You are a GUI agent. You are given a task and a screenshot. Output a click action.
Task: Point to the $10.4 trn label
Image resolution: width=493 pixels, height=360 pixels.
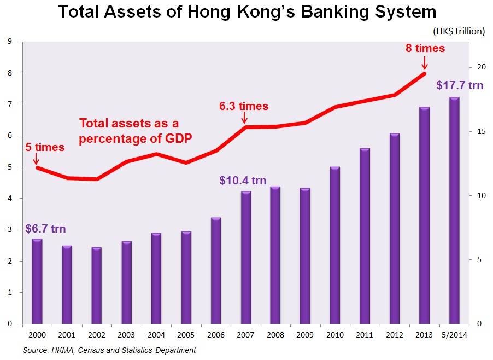pyautogui.click(x=243, y=180)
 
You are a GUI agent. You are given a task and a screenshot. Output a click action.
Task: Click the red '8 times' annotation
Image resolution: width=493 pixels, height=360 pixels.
pyautogui.click(x=425, y=48)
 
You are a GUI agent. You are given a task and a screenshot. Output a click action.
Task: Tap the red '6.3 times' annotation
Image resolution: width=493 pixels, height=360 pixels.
pyautogui.click(x=244, y=106)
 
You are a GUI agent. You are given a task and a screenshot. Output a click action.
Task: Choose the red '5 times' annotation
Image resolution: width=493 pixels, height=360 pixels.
pyautogui.click(x=45, y=147)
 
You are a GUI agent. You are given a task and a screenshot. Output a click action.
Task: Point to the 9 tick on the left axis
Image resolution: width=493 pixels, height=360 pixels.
pyautogui.click(x=10, y=42)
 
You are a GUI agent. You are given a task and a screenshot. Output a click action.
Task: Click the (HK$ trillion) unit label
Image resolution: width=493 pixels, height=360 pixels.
pyautogui.click(x=458, y=31)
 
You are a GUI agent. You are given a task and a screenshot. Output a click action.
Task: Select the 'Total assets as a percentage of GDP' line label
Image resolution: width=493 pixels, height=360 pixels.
pyautogui.click(x=136, y=131)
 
